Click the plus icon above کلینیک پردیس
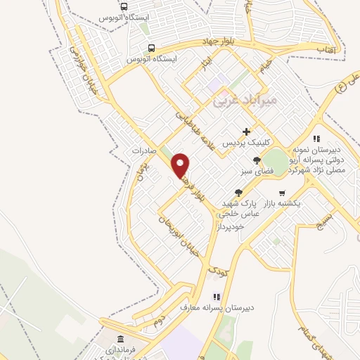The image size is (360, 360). click(x=247, y=131)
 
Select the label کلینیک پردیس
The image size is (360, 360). click(x=247, y=143)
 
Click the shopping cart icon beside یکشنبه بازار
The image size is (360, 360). click(x=282, y=193)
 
